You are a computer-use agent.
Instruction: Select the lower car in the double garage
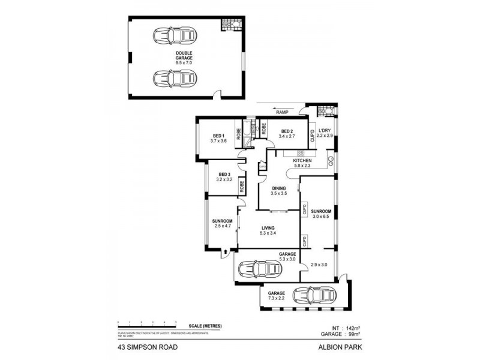175,79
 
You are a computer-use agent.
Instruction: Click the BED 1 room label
218,136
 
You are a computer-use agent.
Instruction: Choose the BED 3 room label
224,174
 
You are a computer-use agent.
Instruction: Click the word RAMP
282,112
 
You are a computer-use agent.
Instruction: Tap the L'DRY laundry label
325,131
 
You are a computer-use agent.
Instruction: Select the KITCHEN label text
301,161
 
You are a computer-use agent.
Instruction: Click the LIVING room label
268,227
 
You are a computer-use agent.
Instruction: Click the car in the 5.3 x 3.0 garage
259,269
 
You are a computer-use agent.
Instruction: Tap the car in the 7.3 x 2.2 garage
311,295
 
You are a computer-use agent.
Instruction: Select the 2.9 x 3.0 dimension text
319,265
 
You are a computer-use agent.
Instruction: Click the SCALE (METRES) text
205,325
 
